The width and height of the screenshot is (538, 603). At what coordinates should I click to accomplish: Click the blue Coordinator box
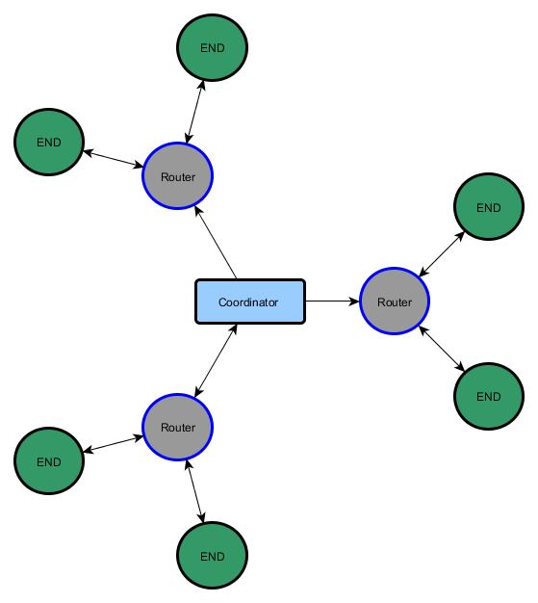click(x=250, y=301)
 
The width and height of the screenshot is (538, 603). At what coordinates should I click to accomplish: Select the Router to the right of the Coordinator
click(x=395, y=301)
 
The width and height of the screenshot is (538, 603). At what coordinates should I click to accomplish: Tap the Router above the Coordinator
click(x=177, y=175)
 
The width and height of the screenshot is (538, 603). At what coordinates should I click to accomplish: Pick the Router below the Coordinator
click(x=177, y=427)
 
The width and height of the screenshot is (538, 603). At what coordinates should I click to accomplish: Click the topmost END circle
click(x=212, y=48)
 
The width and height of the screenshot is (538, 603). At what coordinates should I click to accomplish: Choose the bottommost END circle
click(x=212, y=555)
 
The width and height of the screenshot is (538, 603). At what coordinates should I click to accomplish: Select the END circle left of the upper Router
click(x=49, y=143)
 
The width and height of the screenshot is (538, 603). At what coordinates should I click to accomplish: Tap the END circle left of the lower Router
click(x=49, y=460)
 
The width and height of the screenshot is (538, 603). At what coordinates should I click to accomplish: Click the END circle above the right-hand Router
click(x=489, y=207)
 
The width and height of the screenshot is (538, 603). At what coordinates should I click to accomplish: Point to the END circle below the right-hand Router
click(x=489, y=396)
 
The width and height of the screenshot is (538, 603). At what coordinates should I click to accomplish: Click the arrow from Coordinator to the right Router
click(x=332, y=301)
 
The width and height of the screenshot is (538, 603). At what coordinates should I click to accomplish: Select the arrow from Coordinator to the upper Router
click(x=216, y=243)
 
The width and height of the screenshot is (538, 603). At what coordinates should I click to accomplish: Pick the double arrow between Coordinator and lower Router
click(x=216, y=360)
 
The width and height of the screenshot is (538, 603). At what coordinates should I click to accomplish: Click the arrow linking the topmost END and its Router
click(x=194, y=112)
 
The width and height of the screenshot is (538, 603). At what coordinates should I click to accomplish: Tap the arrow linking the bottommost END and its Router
click(x=194, y=491)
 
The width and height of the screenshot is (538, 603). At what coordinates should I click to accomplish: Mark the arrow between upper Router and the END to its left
click(x=113, y=159)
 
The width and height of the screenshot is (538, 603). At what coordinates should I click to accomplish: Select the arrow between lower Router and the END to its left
click(x=113, y=444)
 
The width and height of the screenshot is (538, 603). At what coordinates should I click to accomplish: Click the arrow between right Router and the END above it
click(x=442, y=253)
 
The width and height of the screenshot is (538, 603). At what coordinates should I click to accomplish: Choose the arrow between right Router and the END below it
click(x=442, y=349)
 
